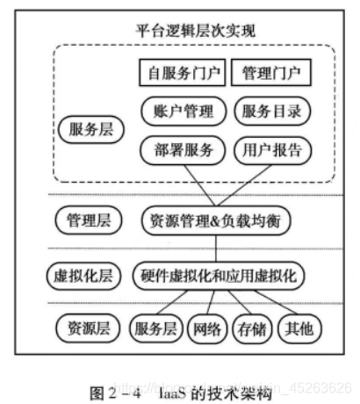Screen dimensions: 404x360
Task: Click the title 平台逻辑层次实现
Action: (x=195, y=29)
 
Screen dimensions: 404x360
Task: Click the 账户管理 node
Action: (x=182, y=111)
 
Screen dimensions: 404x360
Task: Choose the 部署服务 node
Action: (x=182, y=149)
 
